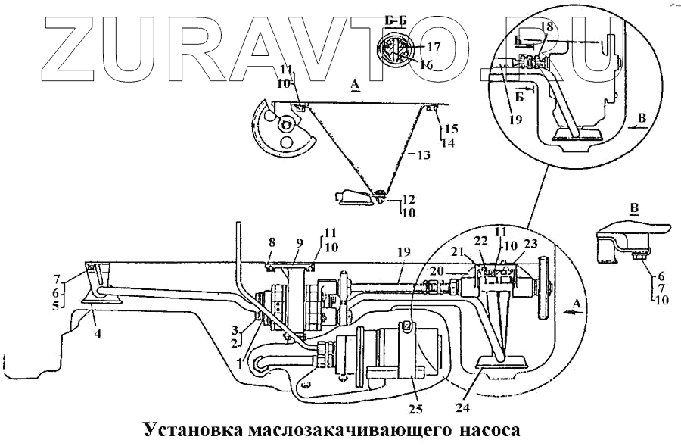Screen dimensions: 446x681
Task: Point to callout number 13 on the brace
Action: (422, 155)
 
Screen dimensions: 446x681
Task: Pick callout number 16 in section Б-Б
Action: (426, 65)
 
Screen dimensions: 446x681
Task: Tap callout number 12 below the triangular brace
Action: (409, 199)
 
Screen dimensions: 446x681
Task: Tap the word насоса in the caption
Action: (489, 431)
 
